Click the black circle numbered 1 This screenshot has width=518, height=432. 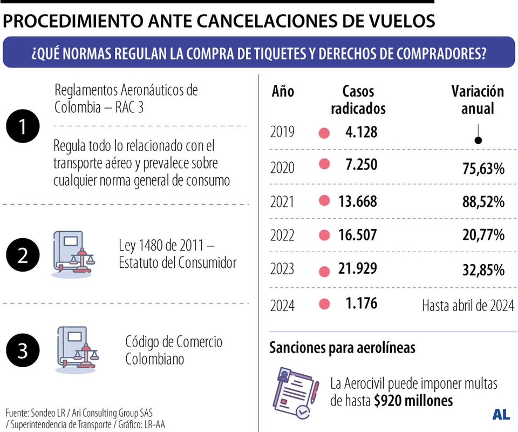point(23,127)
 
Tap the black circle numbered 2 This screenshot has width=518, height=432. point(23,254)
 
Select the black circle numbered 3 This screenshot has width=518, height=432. point(23,350)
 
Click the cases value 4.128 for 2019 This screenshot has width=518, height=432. point(361,132)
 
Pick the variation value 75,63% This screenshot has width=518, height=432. point(483,169)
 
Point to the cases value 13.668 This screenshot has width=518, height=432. point(358,201)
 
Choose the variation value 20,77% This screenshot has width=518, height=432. point(483,235)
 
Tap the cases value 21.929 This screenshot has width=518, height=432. point(358,268)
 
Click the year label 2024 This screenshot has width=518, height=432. point(283,306)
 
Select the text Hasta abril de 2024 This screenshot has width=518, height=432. point(468,306)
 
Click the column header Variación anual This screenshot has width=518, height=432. point(478,99)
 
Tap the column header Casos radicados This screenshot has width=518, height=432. point(358,99)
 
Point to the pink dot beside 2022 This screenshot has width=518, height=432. point(324,235)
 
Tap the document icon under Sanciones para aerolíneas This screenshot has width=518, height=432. point(296,393)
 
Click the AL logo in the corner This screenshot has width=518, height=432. point(501,415)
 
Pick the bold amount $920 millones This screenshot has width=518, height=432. point(413,401)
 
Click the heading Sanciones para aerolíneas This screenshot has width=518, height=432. point(342,347)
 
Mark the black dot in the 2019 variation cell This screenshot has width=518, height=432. point(478,140)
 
